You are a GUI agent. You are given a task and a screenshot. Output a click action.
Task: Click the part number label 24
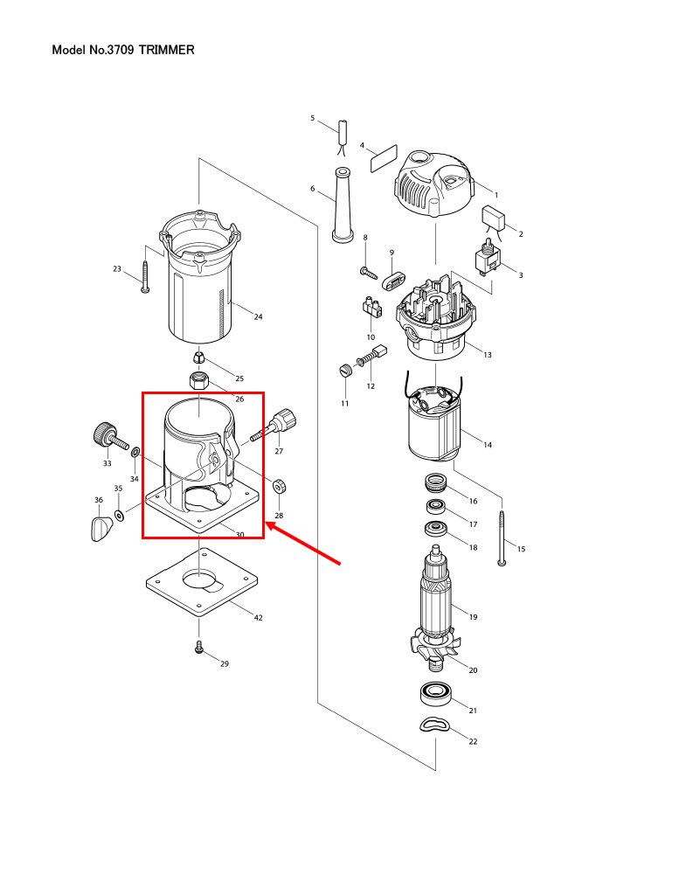pos(258,316)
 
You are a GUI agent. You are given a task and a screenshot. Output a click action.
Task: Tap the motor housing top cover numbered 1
pos(434,187)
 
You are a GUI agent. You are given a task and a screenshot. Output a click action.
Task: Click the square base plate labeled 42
pos(202,581)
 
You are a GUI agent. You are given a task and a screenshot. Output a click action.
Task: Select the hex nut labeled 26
pos(200,381)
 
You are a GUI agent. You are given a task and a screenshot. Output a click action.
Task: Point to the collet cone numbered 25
pos(199,357)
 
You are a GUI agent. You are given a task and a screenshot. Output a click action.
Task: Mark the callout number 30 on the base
pos(239,534)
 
